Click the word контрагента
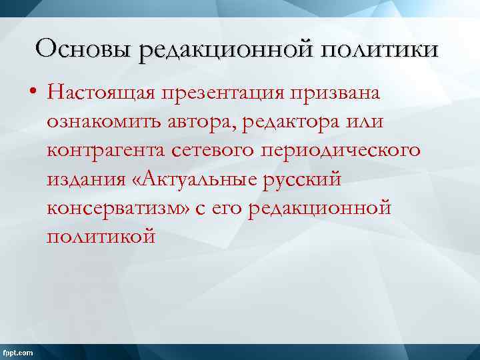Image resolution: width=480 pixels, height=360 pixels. pyautogui.click(x=106, y=151)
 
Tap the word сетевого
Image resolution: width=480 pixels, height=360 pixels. pyautogui.click(x=219, y=151)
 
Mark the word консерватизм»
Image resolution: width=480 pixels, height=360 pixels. pyautogui.click(x=118, y=208)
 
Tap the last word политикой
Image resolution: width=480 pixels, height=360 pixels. pyautogui.click(x=101, y=237)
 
